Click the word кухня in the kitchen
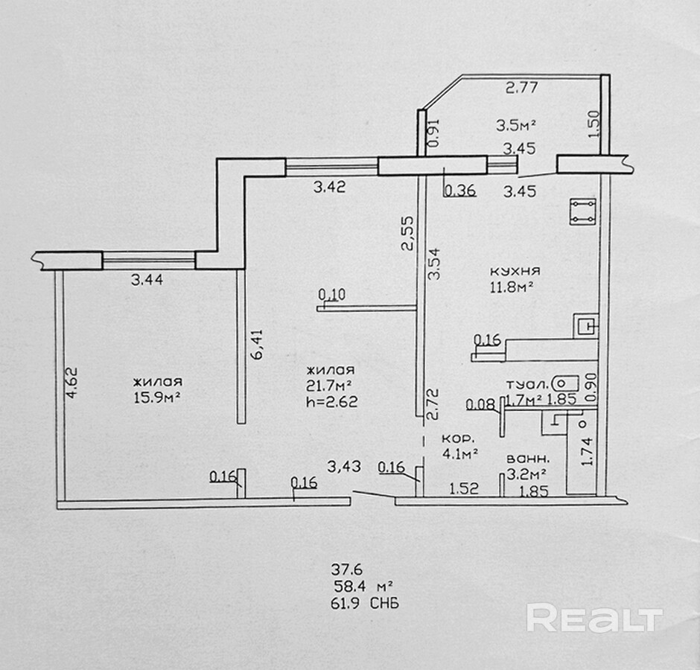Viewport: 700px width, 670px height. [515, 271]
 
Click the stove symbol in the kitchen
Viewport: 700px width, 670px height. [582, 211]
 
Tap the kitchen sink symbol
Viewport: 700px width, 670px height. [585, 325]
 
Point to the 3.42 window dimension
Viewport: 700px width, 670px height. [328, 188]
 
